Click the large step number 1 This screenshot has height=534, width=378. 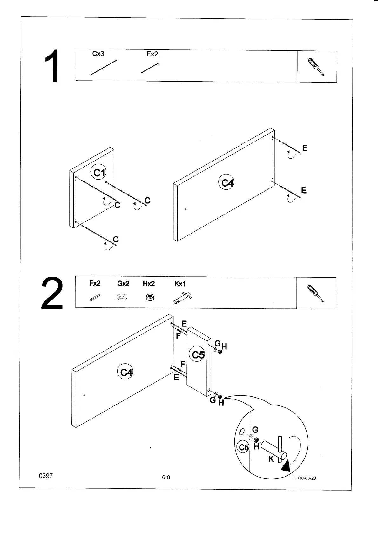point(52,66)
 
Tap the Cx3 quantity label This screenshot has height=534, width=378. point(98,54)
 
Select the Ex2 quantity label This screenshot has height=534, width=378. point(152,54)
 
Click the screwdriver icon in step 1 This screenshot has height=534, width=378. point(316,67)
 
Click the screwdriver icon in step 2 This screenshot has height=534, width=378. point(316,293)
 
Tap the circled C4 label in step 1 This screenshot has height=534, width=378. point(227,183)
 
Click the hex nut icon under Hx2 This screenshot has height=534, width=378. point(149,297)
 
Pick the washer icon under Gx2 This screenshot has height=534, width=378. point(121,298)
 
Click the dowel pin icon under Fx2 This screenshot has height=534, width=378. point(95,298)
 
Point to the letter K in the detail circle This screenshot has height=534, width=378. point(271,459)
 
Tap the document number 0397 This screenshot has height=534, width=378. point(45,476)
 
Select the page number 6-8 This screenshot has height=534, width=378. point(166,477)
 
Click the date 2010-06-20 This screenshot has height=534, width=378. point(305,478)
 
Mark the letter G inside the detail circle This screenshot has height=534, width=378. point(255,430)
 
